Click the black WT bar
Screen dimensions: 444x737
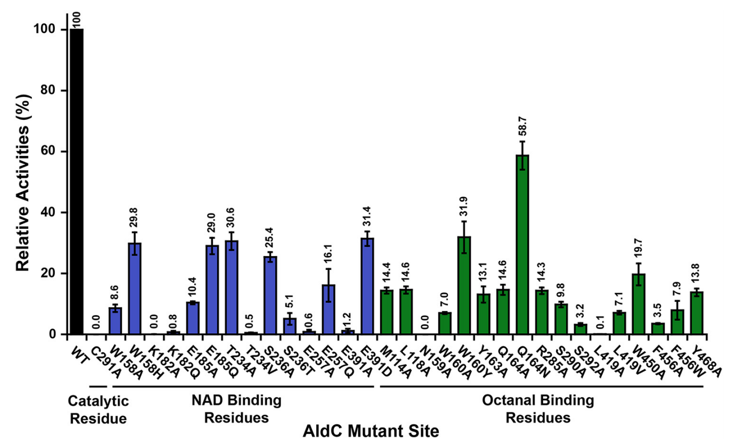click(77, 181)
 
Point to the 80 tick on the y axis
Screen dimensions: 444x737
click(51, 91)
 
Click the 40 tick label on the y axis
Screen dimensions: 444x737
click(51, 213)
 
